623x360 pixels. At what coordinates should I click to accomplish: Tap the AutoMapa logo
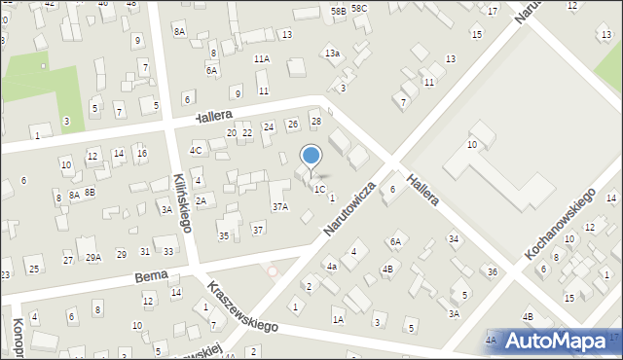(554, 342)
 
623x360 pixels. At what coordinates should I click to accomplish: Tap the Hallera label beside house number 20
(212, 117)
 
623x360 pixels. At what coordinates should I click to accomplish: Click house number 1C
(319, 189)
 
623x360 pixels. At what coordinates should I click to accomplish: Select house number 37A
(280, 206)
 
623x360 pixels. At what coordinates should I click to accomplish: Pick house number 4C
(196, 150)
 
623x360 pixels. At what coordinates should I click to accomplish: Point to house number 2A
(201, 200)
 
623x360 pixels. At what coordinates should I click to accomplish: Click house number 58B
(338, 11)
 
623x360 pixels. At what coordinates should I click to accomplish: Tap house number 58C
(360, 9)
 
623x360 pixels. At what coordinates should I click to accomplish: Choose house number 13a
(333, 53)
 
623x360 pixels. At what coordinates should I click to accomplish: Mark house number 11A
(262, 58)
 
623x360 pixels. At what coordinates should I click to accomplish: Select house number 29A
(93, 257)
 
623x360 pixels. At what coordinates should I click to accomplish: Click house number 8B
(90, 193)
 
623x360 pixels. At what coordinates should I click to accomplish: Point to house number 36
(493, 271)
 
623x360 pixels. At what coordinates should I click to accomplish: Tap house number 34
(454, 238)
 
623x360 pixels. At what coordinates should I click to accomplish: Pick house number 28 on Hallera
(315, 121)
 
